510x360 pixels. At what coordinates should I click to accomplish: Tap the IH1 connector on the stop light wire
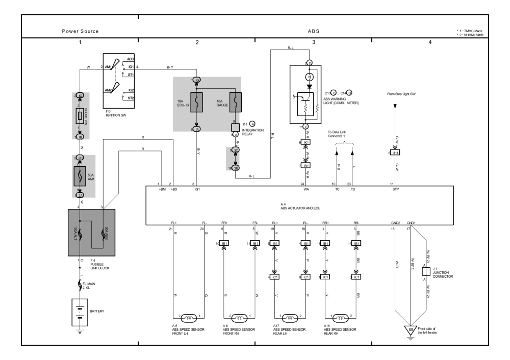395,152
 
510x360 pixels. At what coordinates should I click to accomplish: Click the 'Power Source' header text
80,31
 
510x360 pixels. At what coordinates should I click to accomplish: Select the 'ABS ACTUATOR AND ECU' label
300,208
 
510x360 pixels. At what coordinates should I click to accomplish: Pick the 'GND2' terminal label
396,223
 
